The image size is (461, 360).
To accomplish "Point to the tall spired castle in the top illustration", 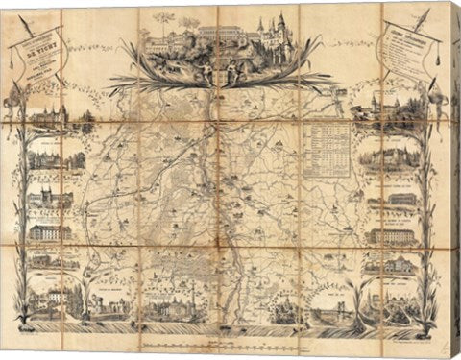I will pyautogui.click(x=281, y=29).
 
